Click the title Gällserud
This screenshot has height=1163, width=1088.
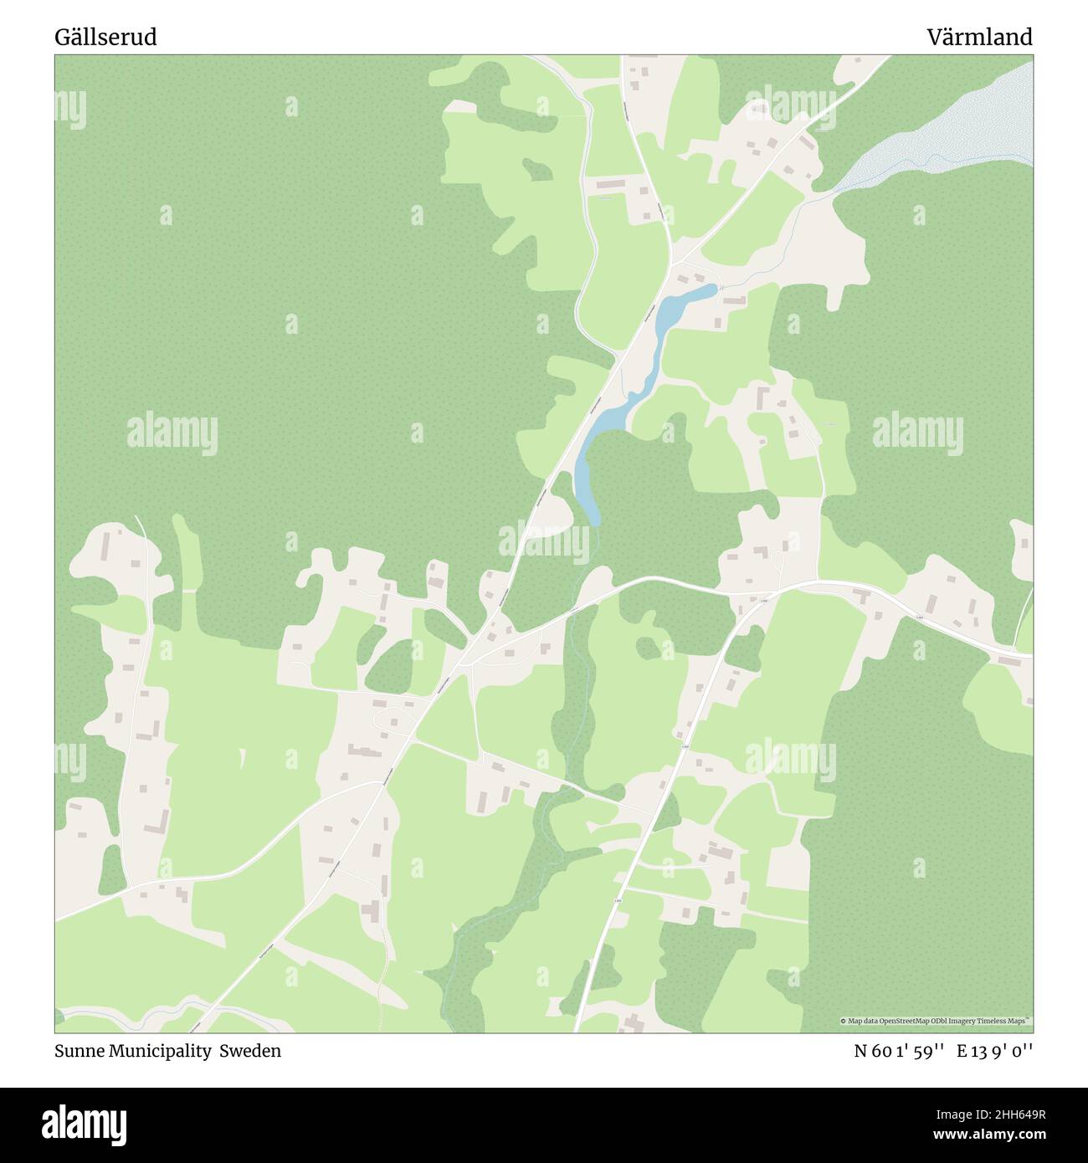pos(105,37)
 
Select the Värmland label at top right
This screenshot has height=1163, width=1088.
pos(978,37)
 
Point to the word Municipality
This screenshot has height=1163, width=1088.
pos(158,1051)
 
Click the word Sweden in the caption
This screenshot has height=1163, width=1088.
pos(250,1051)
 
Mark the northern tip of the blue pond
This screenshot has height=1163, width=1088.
pos(711,288)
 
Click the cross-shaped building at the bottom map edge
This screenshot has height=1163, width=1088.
pos(634,1022)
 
